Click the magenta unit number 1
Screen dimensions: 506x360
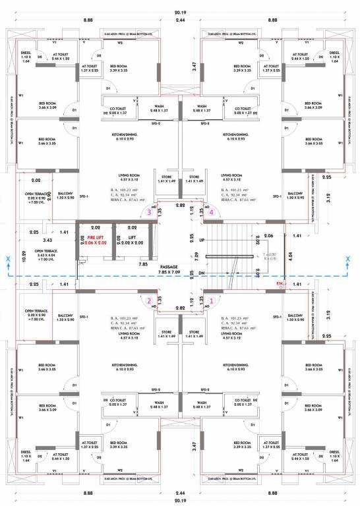pyautogui.click(x=211, y=300)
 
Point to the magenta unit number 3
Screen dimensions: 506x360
pyautogui.click(x=150, y=212)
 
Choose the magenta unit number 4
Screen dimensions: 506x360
pyautogui.click(x=211, y=212)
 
